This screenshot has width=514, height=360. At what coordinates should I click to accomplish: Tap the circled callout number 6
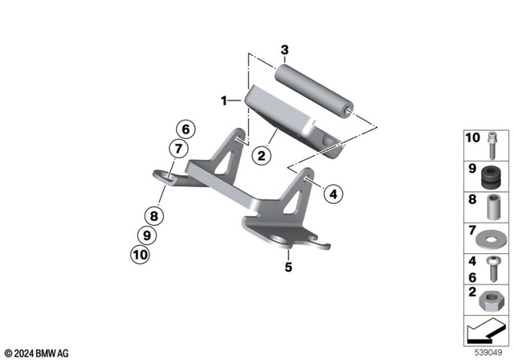(184, 129)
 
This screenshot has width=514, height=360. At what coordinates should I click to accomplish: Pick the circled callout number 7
(177, 148)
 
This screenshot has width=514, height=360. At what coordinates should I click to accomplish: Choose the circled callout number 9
(145, 235)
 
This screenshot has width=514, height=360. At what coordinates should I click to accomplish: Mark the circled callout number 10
(141, 256)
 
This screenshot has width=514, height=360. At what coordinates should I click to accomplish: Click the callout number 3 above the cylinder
(284, 51)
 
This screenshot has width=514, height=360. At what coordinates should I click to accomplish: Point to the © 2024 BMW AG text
(37, 353)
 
